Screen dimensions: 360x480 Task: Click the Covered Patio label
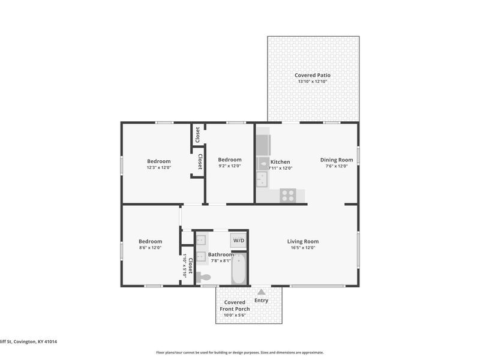tap(312, 76)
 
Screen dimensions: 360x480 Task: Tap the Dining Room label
tap(337, 160)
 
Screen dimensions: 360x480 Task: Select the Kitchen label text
tap(280, 162)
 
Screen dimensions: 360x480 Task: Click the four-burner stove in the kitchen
tap(288, 196)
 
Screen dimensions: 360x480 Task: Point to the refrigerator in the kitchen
tap(263, 145)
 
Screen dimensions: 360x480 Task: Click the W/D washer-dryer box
tap(239, 241)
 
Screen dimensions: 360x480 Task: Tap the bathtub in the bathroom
tap(239, 269)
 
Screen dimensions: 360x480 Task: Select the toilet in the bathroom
tap(203, 277)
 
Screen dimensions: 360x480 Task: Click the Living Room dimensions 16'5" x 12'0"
tap(302, 247)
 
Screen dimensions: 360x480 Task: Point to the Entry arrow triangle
tap(261, 292)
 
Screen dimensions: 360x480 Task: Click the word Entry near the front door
tap(262, 301)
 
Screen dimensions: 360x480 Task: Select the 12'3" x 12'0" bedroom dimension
tap(159, 167)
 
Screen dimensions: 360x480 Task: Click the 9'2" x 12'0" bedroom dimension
tap(229, 166)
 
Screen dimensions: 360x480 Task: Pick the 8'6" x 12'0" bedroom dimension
tap(150, 247)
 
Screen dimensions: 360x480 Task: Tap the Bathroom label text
tap(221, 254)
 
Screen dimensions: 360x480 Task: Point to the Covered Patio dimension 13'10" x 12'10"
tap(312, 82)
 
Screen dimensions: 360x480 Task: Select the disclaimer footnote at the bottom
tap(240, 353)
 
